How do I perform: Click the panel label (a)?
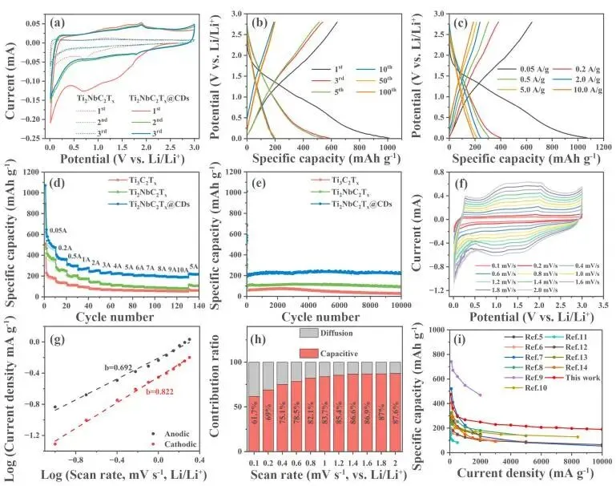click(58, 22)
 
